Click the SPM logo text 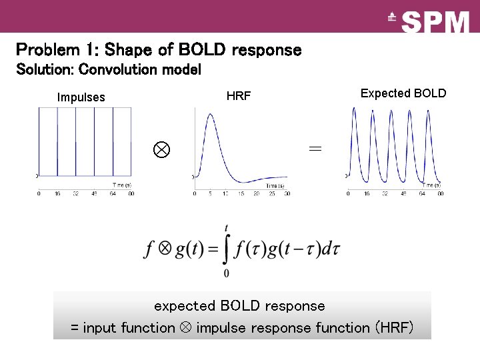click(436, 22)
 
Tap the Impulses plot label click(81, 97)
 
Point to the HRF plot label click(239, 96)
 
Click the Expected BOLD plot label click(403, 93)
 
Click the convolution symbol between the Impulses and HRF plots click(161, 149)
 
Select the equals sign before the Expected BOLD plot click(315, 149)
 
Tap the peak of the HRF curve click(211, 114)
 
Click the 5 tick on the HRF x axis click(209, 193)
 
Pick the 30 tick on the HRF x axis click(287, 193)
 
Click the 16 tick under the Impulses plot click(57, 193)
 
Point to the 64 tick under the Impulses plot click(113, 193)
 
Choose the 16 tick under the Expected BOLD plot click(366, 193)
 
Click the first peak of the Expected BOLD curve click(354, 109)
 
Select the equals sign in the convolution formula click(213, 250)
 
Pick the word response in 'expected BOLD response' click(295, 306)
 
